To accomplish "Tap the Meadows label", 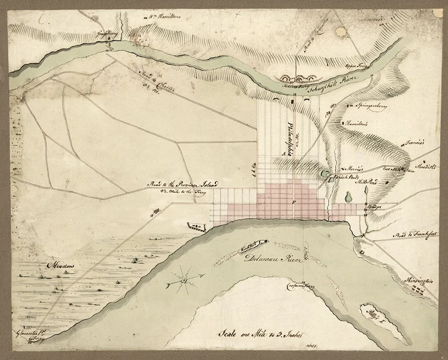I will click(60, 265).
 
